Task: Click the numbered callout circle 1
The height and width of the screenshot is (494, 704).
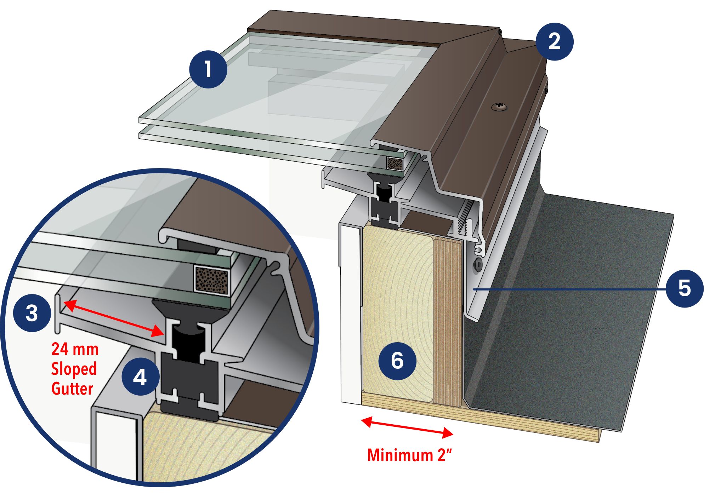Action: (x=208, y=69)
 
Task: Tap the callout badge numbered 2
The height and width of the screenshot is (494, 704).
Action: (x=554, y=42)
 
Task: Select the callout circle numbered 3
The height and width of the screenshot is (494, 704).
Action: (x=32, y=313)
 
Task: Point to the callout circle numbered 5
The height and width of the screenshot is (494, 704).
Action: (x=684, y=288)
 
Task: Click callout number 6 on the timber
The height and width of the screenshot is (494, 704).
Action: (x=397, y=361)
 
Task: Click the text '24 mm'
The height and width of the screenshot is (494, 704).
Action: (x=75, y=349)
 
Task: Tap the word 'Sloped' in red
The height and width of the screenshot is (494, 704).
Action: (x=74, y=369)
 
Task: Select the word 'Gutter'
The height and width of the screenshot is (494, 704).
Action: (x=72, y=389)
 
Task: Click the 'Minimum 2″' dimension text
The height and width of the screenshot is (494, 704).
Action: (x=410, y=455)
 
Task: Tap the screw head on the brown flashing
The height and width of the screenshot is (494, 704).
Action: (x=499, y=106)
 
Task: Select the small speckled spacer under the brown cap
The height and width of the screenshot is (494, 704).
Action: (x=395, y=163)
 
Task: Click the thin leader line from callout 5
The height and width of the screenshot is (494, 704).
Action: (x=570, y=289)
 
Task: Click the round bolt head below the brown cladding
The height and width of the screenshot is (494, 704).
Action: (x=478, y=264)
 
